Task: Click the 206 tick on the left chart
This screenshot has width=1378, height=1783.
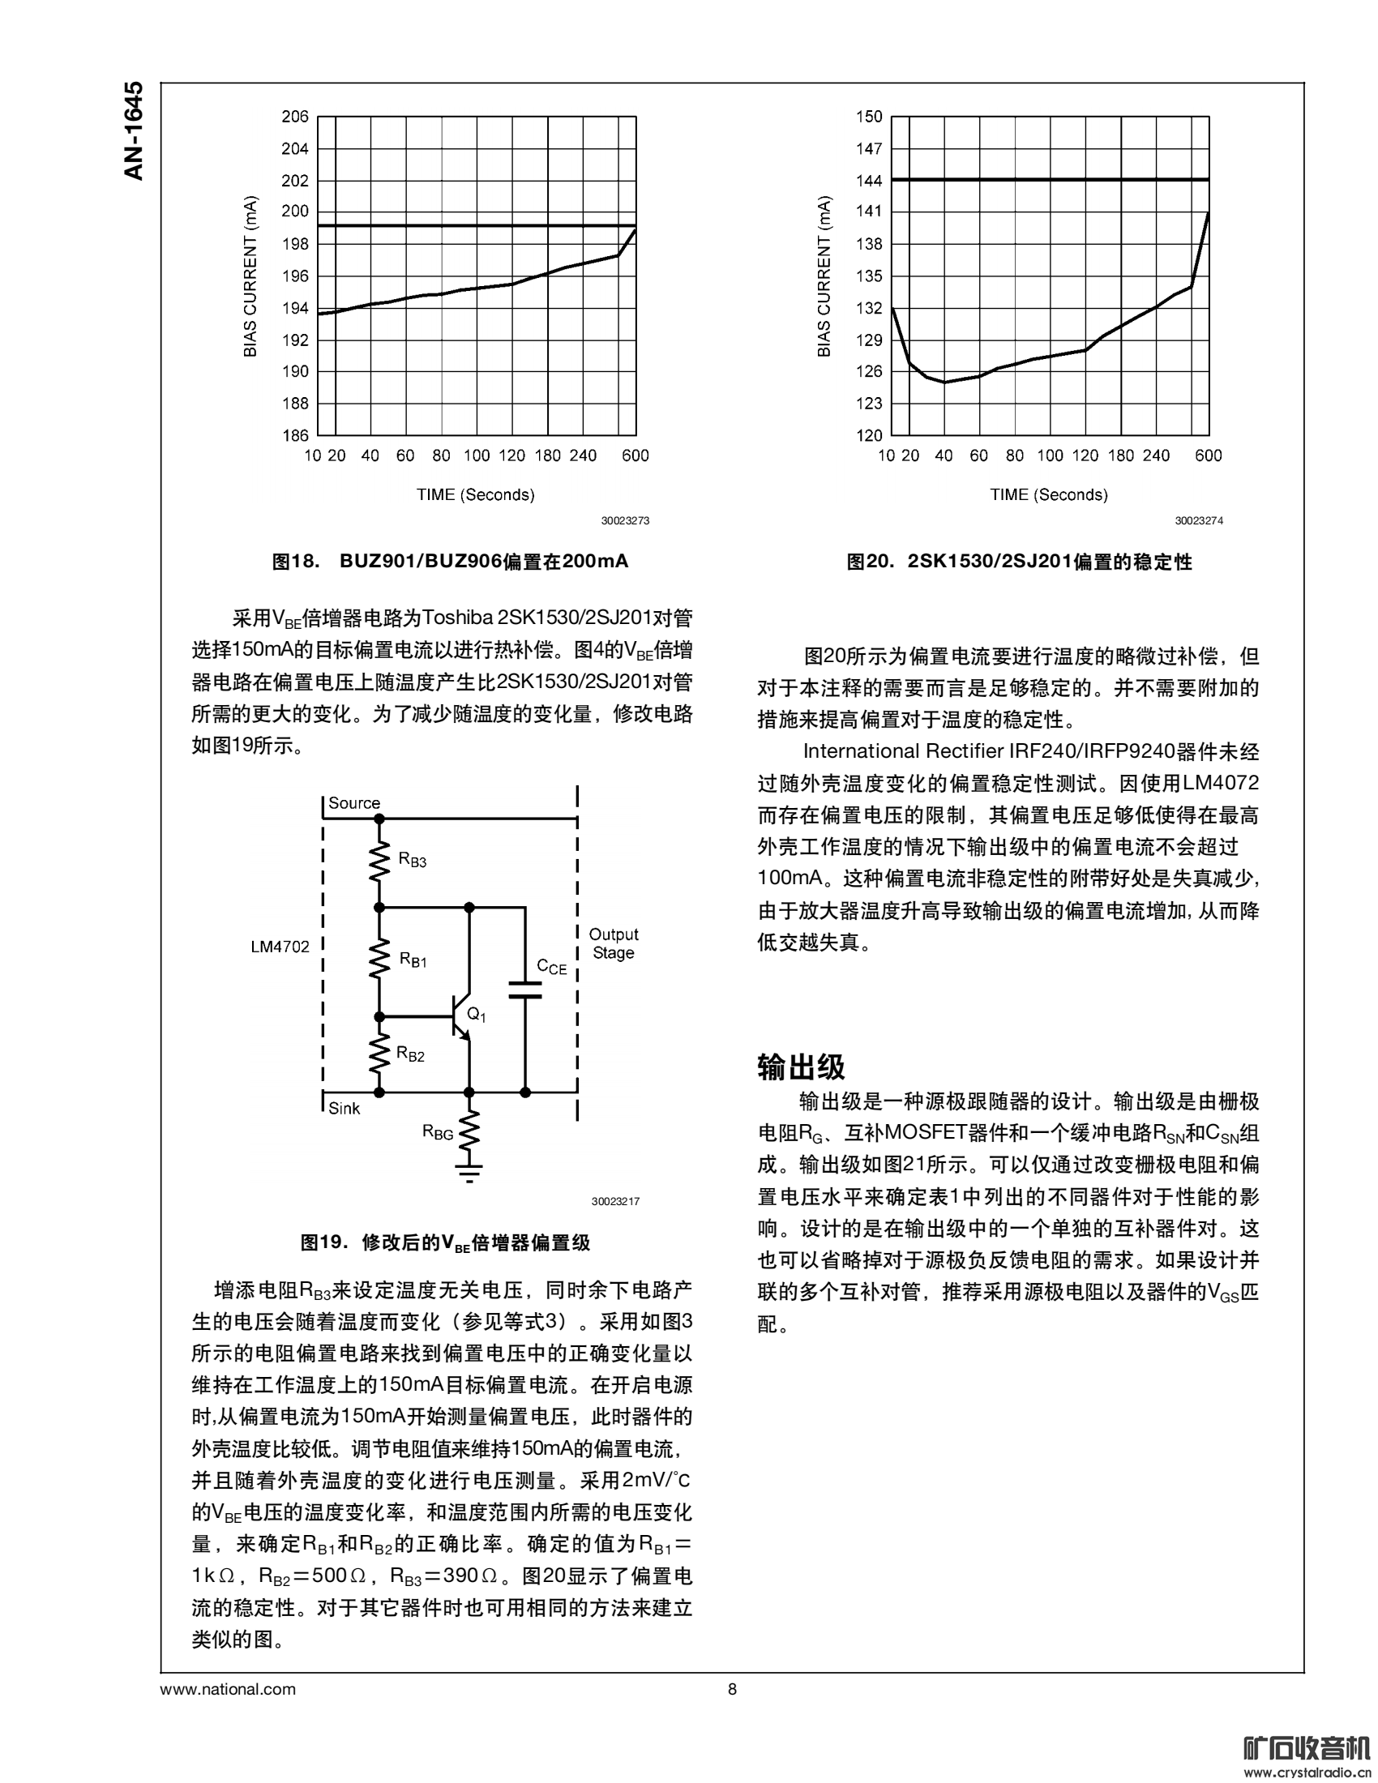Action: (295, 117)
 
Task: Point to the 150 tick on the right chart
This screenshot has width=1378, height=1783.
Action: (869, 117)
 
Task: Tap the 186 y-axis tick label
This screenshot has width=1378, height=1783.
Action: (295, 435)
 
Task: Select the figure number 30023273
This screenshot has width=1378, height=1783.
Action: (625, 521)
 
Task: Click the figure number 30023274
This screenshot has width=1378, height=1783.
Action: (1198, 521)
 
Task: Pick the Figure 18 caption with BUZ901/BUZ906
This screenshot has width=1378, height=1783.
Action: (450, 562)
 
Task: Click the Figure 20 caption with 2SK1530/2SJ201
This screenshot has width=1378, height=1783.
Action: (1019, 562)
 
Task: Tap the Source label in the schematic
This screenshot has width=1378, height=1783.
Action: (353, 803)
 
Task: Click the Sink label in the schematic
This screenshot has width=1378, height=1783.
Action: (344, 1108)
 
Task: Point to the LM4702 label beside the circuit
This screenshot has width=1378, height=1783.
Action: (280, 947)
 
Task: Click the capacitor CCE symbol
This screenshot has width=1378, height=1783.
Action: (525, 990)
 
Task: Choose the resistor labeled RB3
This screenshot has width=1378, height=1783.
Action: (379, 862)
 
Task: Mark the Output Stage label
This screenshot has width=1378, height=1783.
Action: (613, 943)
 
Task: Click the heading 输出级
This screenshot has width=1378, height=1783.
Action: (801, 1067)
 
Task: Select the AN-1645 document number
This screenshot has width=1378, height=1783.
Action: (134, 130)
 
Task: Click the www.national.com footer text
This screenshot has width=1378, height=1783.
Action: (228, 1689)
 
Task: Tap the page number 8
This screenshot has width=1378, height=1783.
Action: (731, 1689)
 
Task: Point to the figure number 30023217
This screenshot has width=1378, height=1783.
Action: (615, 1202)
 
